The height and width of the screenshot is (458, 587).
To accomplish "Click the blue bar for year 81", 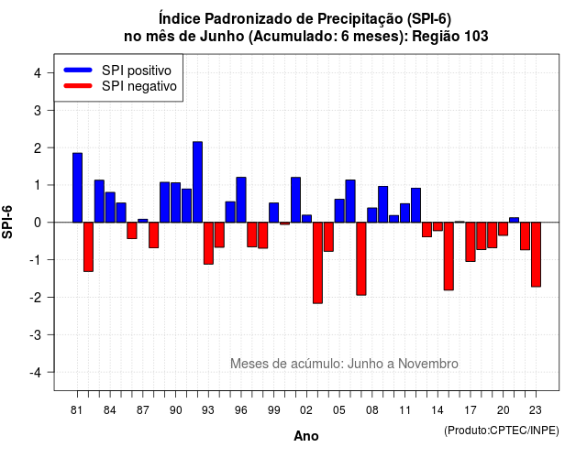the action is click(x=77, y=188).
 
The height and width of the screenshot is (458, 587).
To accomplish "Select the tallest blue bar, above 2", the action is click(x=198, y=182).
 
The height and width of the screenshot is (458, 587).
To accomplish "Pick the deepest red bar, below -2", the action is click(x=317, y=263).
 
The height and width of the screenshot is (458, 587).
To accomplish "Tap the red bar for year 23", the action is click(x=536, y=255).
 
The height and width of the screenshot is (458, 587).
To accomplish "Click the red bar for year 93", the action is click(x=208, y=244).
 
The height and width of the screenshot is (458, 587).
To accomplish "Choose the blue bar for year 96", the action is click(x=241, y=200).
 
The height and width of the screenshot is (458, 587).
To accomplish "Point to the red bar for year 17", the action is click(x=471, y=242).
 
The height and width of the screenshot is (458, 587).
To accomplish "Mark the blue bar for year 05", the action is click(x=339, y=211).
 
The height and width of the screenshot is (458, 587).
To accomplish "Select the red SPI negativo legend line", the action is click(x=78, y=86).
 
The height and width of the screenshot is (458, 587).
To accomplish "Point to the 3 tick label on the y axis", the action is click(x=38, y=110).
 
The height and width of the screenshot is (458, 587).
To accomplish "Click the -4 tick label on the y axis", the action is click(x=37, y=373).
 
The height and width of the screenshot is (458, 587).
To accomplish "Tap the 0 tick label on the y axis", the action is click(x=38, y=223).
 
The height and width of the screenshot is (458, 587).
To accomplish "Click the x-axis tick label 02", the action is click(x=306, y=410).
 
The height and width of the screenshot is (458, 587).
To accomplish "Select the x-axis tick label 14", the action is click(x=437, y=410).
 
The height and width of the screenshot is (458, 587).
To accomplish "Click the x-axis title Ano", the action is click(x=306, y=436).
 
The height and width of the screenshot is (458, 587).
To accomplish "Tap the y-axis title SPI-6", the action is click(x=7, y=222).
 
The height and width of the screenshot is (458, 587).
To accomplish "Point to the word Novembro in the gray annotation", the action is click(x=428, y=364).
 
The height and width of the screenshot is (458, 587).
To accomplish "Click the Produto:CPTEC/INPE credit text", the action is click(x=502, y=431).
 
